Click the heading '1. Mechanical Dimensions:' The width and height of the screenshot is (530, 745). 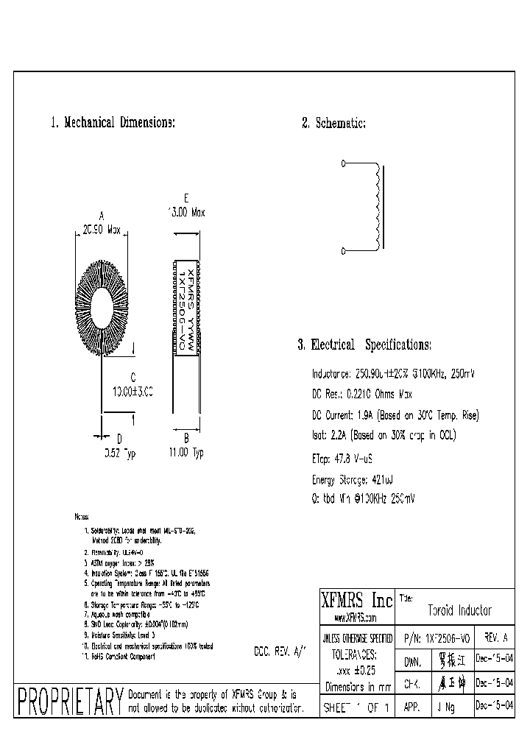pos(113,123)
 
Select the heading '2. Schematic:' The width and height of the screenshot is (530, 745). pos(333,123)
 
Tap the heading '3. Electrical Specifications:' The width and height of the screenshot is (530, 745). pos(364,345)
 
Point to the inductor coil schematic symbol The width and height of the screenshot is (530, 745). pos(378,208)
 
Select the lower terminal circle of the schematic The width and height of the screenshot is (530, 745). pos(344,251)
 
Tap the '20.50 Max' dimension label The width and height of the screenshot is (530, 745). pos(102,230)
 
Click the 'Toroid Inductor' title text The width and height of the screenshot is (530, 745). pos(459,610)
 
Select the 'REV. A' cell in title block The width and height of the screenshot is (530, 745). pos(496,637)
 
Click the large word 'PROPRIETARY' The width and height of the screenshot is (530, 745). pos(69,702)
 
